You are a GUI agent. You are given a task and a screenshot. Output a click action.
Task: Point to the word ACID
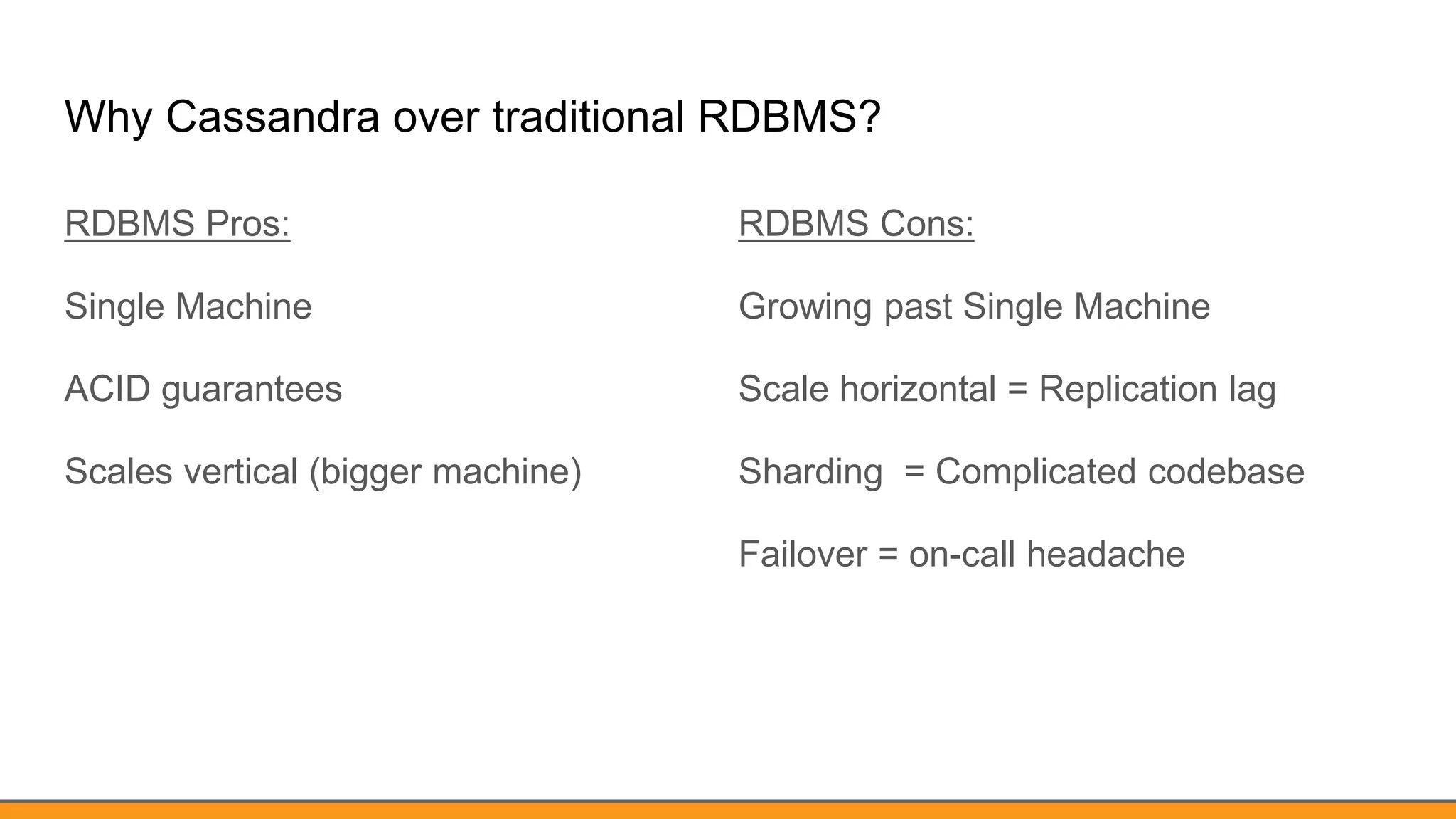tap(107, 389)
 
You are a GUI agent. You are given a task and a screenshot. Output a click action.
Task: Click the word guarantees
tap(252, 390)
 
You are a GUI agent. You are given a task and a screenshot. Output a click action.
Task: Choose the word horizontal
tap(918, 389)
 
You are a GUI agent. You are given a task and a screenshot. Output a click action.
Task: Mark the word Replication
tap(1128, 390)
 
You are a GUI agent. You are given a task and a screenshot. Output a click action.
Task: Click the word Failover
tap(803, 554)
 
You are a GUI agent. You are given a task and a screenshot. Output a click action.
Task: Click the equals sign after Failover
tap(888, 555)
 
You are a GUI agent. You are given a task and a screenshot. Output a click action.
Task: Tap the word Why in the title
tap(107, 117)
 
